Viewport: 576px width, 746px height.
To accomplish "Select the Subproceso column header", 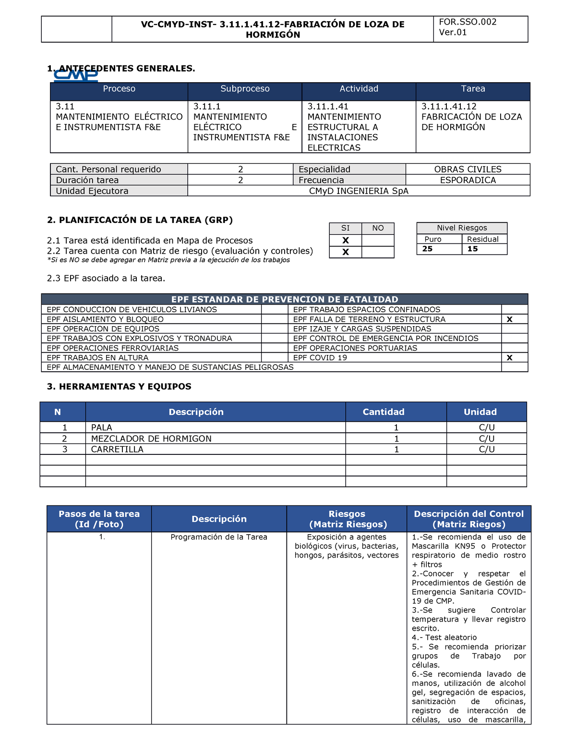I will pos(245,89).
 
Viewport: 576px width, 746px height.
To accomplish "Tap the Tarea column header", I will pos(473,89).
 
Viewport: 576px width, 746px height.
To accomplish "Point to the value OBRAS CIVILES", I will pos(468,169).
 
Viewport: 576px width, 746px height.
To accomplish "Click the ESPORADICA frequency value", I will pos(468,180).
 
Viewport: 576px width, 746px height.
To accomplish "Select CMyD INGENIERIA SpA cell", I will pos(359,191).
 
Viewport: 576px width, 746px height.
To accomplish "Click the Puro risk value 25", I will pos(428,249).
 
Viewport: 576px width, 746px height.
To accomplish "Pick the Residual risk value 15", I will pos(473,249).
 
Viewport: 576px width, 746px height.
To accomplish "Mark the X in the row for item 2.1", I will pos(346,241).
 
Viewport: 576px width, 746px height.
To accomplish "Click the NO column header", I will pos(378,228).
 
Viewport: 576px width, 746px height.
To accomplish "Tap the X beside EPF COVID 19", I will pos(510,358).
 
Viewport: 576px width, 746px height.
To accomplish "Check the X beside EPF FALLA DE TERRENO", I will pos(510,319).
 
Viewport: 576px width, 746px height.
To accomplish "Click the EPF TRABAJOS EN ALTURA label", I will pos(97,358).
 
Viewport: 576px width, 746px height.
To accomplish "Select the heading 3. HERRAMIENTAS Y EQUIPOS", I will pos(119,387).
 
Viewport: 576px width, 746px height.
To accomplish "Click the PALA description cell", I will pos(102,428).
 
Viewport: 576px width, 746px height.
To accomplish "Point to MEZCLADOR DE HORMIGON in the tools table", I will pos(151,439).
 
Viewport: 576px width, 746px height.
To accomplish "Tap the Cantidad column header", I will pos(384,412).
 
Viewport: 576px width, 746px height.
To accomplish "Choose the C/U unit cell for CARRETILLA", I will pos(487,450).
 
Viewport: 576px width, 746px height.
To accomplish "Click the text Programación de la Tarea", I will pos(219,537).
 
